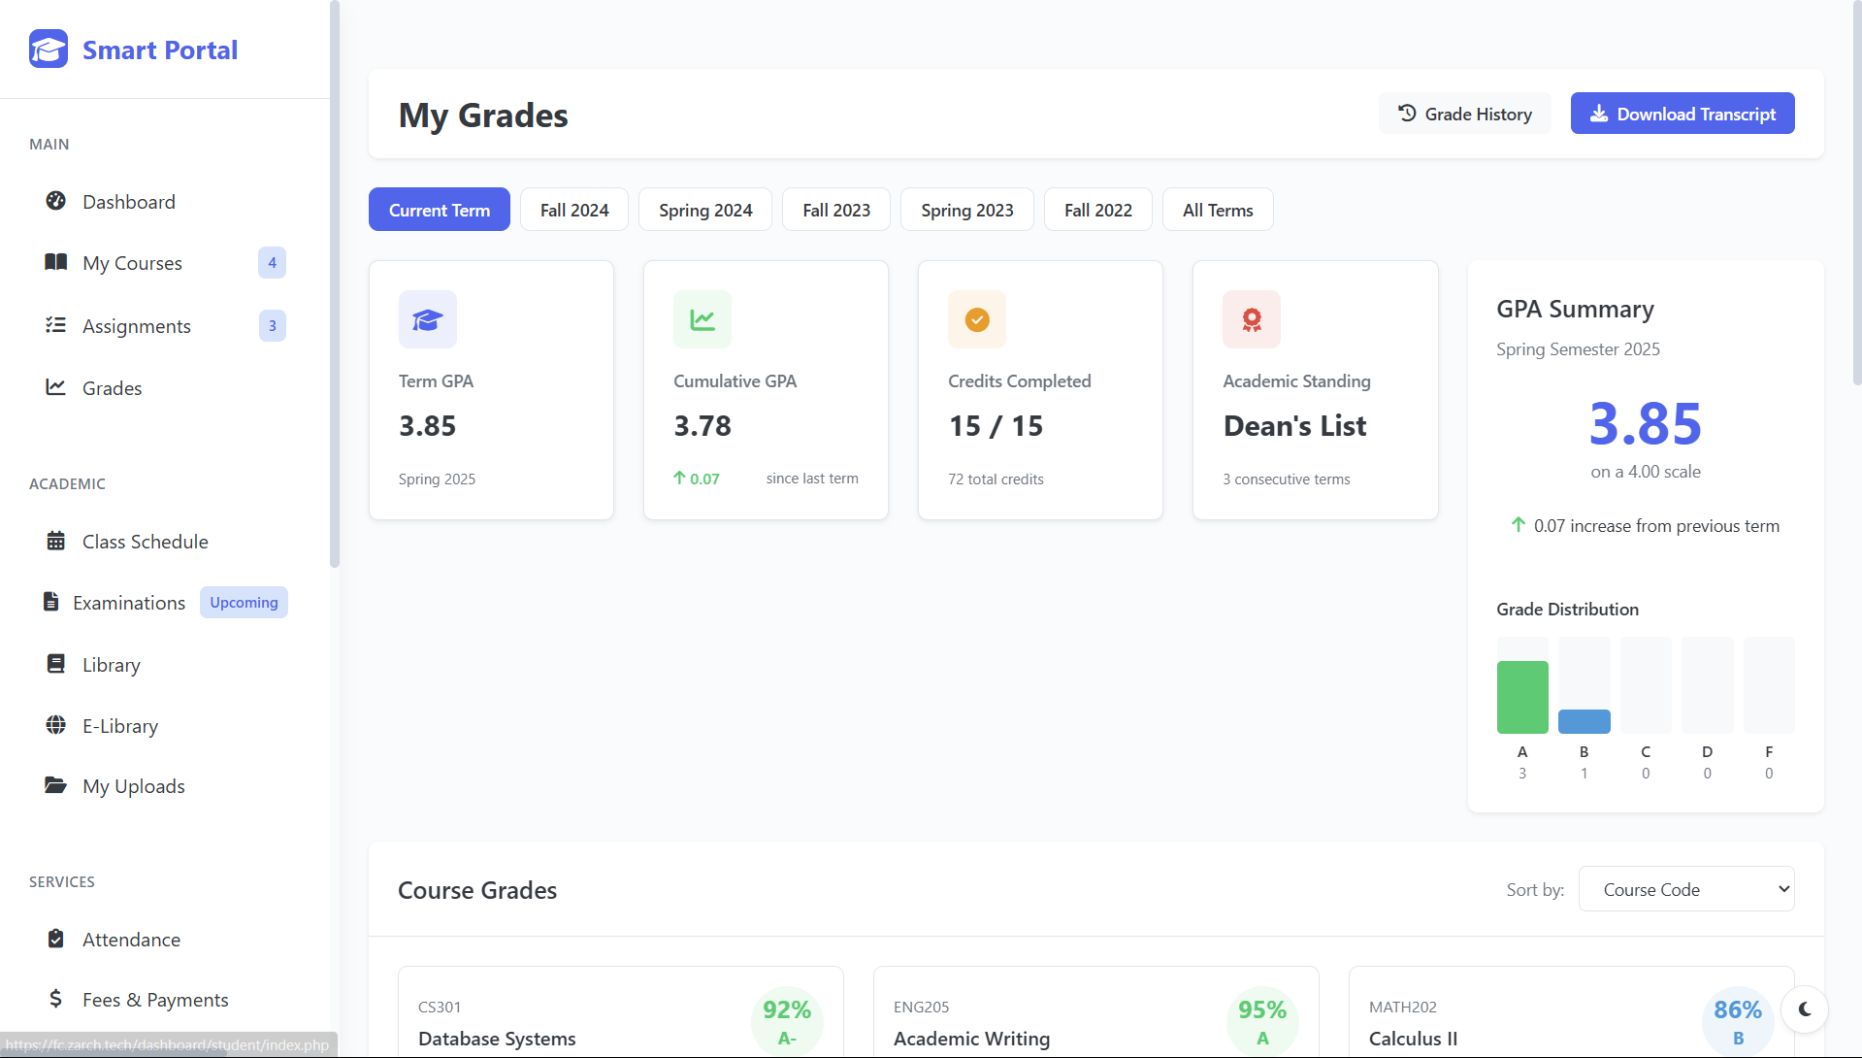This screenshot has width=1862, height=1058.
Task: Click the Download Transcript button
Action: tap(1682, 114)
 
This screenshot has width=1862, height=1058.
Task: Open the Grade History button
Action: tap(1464, 114)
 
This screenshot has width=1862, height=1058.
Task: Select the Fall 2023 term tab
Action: tap(835, 210)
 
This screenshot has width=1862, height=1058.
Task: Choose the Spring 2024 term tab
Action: tap(704, 210)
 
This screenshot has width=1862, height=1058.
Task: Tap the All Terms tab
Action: tap(1217, 210)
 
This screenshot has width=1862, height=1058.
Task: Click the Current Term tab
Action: tap(439, 210)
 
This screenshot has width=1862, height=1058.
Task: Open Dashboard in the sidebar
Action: tap(128, 202)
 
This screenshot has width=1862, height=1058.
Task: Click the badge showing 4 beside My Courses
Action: tap(272, 263)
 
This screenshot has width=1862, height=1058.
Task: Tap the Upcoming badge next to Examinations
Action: tap(244, 603)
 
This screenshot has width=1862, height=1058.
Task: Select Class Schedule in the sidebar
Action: tap(145, 542)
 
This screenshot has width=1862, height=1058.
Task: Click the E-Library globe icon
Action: tap(56, 725)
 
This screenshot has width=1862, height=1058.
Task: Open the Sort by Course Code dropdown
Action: tap(1685, 889)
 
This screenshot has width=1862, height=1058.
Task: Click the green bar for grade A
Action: tap(1521, 697)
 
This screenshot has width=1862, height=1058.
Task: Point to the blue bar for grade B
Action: tap(1584, 721)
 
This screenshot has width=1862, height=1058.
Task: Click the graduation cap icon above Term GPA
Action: tap(427, 319)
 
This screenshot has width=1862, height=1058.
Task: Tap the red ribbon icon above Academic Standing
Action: tap(1251, 319)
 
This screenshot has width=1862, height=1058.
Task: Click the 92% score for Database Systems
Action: tap(786, 1010)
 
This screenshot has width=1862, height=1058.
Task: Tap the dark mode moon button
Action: tap(1804, 1009)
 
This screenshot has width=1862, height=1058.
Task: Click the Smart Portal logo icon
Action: tap(49, 49)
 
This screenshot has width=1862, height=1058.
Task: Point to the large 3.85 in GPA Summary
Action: tap(1645, 424)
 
